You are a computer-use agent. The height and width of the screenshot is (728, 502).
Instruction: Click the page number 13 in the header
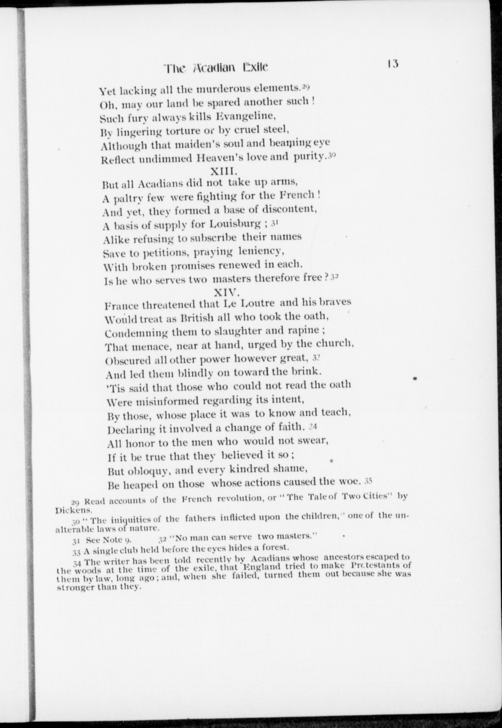click(x=393, y=64)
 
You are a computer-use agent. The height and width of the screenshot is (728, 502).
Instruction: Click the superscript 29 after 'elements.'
click(x=306, y=86)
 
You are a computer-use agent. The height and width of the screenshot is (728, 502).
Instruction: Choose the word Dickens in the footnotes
click(x=70, y=509)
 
